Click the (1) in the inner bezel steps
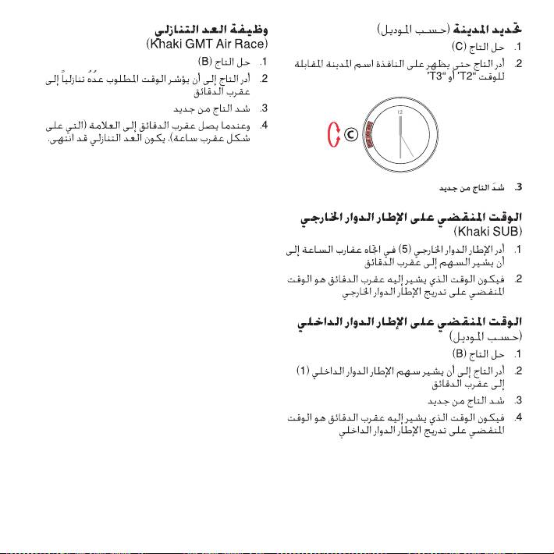(302, 368)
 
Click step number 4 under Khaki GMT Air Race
(265, 124)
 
